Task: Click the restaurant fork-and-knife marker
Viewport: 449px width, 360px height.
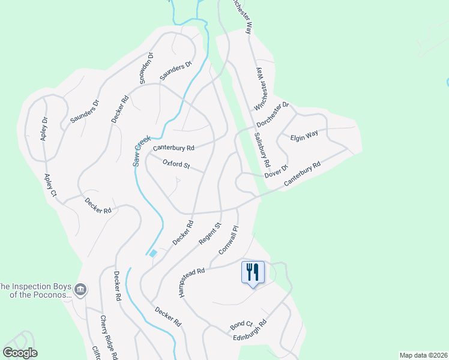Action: pyautogui.click(x=253, y=272)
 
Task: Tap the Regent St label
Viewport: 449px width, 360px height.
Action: pyautogui.click(x=214, y=233)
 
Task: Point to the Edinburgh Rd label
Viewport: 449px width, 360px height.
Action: pyautogui.click(x=250, y=330)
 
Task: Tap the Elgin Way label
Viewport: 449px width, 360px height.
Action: pyautogui.click(x=304, y=136)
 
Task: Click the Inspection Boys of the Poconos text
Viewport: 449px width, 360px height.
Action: pyautogui.click(x=36, y=290)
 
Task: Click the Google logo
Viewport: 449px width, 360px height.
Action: pyautogui.click(x=20, y=353)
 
